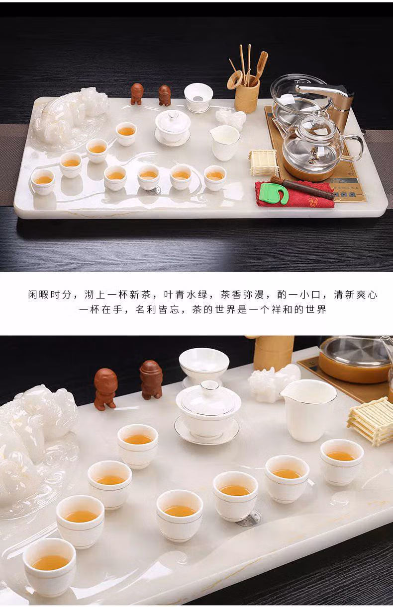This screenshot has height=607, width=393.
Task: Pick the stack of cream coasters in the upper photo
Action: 263,162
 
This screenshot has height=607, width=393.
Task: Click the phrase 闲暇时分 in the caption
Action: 50,295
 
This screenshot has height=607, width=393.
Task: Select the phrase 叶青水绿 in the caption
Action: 186,295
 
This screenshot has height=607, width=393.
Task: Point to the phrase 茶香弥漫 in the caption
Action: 242,295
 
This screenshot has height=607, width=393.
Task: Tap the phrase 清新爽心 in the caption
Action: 356,295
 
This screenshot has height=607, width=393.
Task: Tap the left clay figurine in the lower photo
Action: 105,388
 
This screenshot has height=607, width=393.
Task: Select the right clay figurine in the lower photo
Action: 151,379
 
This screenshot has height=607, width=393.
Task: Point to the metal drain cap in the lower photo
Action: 249,519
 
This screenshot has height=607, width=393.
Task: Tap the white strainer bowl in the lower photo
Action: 204,365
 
